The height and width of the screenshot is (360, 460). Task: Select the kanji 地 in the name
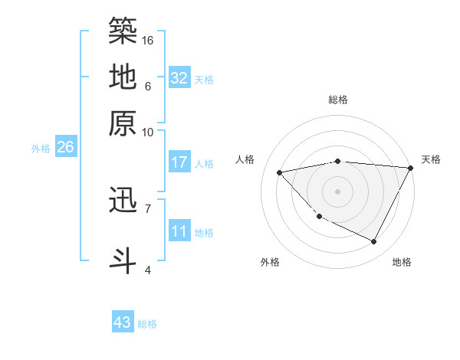(x=123, y=77)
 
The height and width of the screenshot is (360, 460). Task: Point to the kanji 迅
(x=123, y=200)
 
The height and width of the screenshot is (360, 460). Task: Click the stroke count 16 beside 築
(x=148, y=40)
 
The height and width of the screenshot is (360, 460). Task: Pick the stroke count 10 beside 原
(x=148, y=132)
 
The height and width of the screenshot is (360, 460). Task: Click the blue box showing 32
(x=179, y=77)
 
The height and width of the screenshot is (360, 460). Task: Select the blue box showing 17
(x=179, y=162)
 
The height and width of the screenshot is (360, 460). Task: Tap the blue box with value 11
(x=179, y=231)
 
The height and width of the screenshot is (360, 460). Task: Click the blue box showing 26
(x=65, y=148)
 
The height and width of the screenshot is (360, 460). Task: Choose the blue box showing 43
(x=123, y=322)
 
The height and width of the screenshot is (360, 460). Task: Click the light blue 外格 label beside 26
(x=41, y=149)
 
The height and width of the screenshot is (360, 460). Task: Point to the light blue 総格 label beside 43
(x=147, y=324)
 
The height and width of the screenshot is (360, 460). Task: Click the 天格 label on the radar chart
(x=431, y=159)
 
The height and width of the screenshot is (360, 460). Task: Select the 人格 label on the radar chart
(x=245, y=159)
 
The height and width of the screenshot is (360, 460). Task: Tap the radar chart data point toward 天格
(x=411, y=168)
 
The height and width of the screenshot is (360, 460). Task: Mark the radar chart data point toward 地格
(x=374, y=242)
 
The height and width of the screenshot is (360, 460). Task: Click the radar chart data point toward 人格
(x=279, y=172)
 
